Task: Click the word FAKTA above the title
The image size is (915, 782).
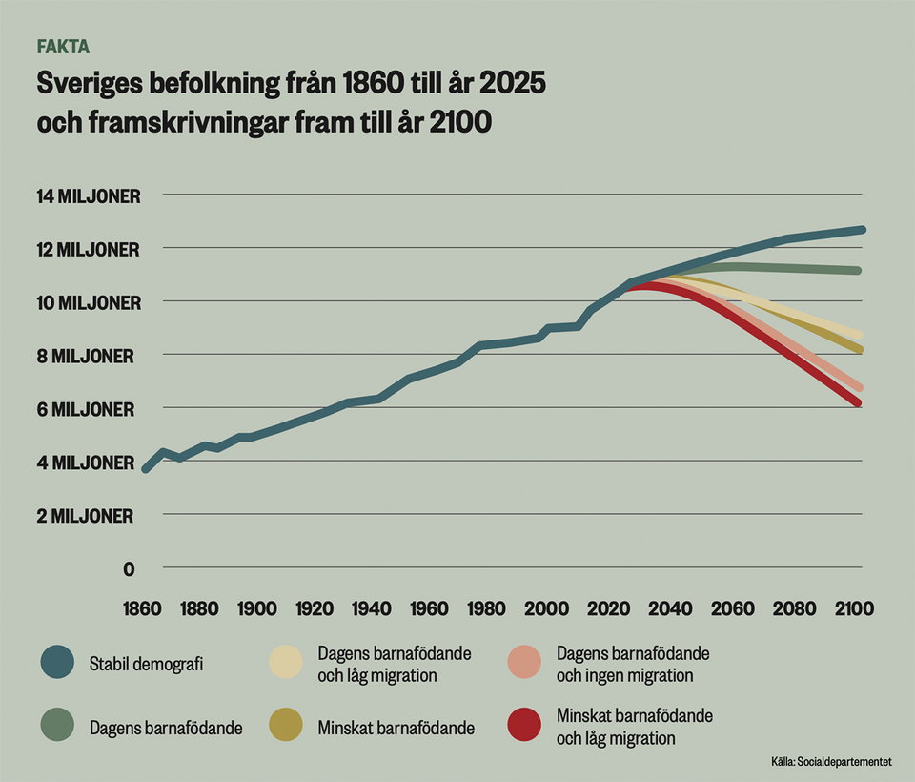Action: [63, 46]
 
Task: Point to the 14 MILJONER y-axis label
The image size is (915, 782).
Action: [89, 196]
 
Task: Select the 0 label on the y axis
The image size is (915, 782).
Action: [129, 569]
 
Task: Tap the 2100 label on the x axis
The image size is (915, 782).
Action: [854, 608]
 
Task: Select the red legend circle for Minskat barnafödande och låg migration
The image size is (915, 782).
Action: [524, 726]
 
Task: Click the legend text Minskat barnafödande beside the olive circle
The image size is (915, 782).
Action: [396, 728]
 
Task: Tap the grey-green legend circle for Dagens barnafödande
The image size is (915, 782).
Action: [57, 727]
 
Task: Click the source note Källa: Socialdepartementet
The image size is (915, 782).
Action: [831, 762]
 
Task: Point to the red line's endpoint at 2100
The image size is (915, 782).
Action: [859, 403]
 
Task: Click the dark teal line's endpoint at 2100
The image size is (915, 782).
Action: [861, 230]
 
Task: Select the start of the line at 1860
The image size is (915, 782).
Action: [145, 469]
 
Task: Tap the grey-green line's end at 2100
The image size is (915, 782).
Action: [859, 271]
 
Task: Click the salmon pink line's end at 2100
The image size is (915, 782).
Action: [859, 387]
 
